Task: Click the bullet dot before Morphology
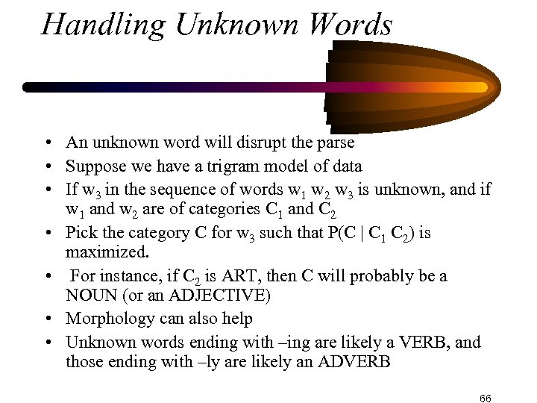46,319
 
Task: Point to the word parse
336,141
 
